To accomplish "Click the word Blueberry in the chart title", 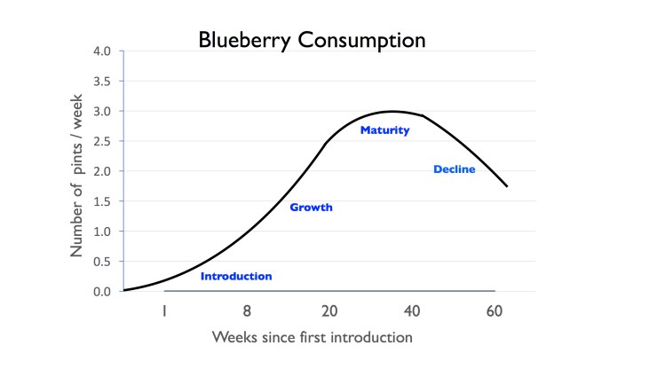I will [240, 40].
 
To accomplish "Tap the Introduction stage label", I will [236, 277].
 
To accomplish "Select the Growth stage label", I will [311, 208].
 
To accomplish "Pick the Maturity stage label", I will [384, 130].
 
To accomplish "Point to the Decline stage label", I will [455, 169].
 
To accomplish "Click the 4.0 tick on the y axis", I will [100, 51].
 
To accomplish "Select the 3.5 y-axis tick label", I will [100, 82].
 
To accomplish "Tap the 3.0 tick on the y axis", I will [100, 112].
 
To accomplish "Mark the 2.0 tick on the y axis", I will [100, 172].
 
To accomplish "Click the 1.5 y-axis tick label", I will [100, 201].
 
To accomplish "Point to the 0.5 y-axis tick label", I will [100, 262].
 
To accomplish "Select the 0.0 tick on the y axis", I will [100, 292].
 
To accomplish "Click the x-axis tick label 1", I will [164, 311].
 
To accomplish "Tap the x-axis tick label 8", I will [247, 311].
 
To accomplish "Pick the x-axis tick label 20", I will [329, 311].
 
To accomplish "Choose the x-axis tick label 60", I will [494, 311].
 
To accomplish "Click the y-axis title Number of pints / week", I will [76, 170].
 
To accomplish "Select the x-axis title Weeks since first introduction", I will [312, 338].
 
